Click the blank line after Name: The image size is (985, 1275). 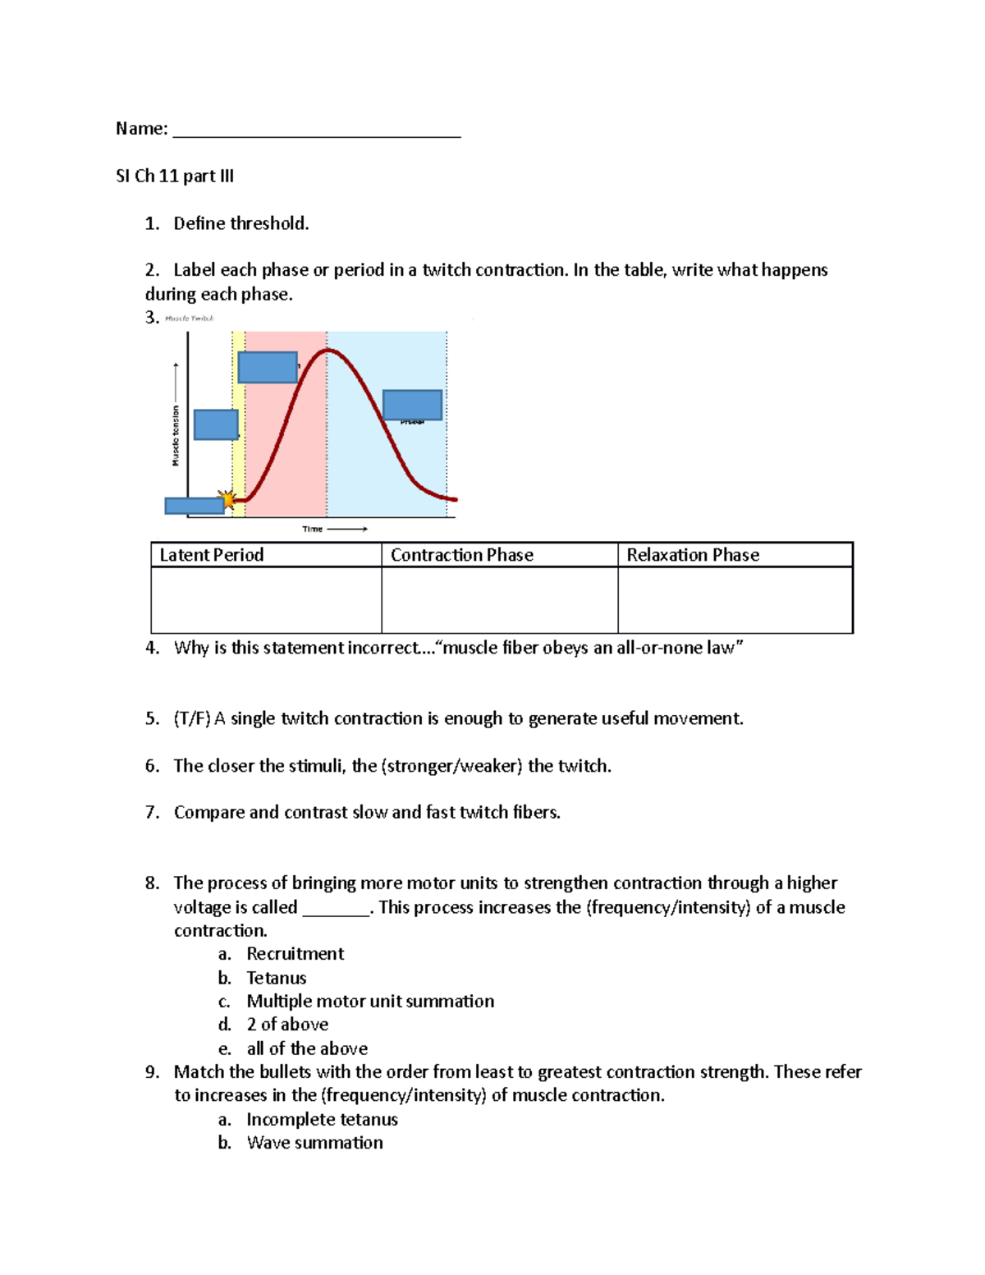pyautogui.click(x=317, y=131)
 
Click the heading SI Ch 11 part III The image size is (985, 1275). pyautogui.click(x=175, y=176)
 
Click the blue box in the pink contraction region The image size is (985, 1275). pyautogui.click(x=268, y=367)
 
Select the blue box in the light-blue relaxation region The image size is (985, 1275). pyautogui.click(x=412, y=405)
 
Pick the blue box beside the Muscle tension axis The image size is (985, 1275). pyautogui.click(x=216, y=424)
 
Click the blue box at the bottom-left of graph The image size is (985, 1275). pyautogui.click(x=194, y=506)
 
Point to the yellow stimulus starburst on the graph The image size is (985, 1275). pyautogui.click(x=227, y=499)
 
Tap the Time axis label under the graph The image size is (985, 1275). pyautogui.click(x=313, y=529)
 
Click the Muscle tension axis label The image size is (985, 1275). pyautogui.click(x=175, y=435)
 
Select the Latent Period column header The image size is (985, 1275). pyautogui.click(x=212, y=555)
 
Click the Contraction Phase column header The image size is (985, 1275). pyautogui.click(x=461, y=555)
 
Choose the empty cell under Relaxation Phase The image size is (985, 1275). pyautogui.click(x=735, y=599)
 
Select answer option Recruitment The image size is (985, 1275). pyautogui.click(x=295, y=954)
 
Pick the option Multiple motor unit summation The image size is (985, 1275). pyautogui.click(x=370, y=1002)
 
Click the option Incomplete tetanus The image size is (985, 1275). pyautogui.click(x=322, y=1120)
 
